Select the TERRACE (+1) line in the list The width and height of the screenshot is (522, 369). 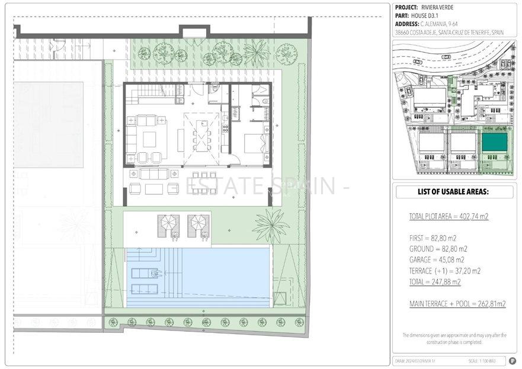[444, 271]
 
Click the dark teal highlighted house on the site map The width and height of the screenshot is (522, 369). [494, 142]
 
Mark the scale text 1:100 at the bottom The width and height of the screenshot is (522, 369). [478, 361]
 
